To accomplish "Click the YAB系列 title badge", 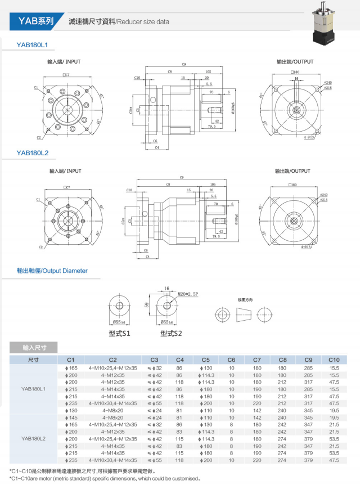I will click(x=35, y=22).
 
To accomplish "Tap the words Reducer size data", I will click(x=142, y=23).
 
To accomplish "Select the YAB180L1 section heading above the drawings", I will click(x=33, y=44).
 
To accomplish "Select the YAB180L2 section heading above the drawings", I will click(x=33, y=152).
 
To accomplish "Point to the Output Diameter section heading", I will click(x=52, y=271).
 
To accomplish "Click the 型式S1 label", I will click(x=119, y=333).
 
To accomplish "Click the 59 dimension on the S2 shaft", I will click(x=147, y=306).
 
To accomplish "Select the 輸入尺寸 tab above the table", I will click(x=34, y=347).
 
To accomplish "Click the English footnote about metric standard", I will click(x=105, y=478).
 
